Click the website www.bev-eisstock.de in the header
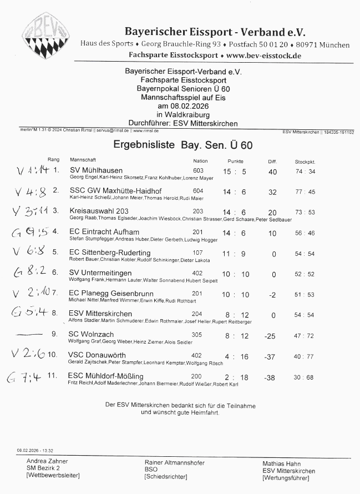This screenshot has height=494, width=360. [263, 56]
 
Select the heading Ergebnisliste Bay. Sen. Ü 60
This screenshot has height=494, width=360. [183, 145]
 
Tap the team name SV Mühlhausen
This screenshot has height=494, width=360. [97, 170]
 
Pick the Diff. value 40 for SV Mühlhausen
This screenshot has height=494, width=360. [272, 172]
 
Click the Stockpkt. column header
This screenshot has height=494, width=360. [305, 161]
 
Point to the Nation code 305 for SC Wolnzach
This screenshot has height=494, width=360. [197, 335]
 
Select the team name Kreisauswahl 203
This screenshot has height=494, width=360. [99, 211]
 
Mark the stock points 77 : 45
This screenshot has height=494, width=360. [305, 192]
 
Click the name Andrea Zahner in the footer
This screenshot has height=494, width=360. [47, 461]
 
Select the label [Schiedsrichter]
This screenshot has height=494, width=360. [165, 477]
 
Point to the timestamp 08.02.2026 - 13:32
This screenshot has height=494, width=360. [35, 450]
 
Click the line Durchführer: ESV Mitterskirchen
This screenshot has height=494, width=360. [183, 123]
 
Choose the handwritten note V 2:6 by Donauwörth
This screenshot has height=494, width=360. [28, 354]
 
